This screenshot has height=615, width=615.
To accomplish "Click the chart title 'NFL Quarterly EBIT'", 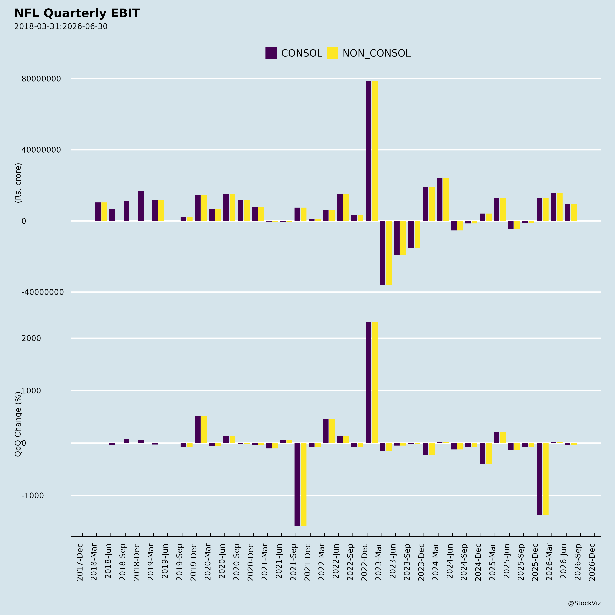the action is point(77,13).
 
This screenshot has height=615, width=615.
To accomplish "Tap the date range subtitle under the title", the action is point(61,26).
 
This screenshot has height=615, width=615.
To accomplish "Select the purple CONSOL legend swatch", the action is point(271,53).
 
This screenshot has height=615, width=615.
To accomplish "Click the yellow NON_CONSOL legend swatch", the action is point(332,53).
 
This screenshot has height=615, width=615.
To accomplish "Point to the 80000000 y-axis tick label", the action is point(41,79).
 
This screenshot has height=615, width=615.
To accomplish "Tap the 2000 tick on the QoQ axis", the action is point(31,338).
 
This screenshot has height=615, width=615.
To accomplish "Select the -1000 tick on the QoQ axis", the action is point(32,496).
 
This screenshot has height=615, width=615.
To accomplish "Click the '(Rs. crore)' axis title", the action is point(18,183).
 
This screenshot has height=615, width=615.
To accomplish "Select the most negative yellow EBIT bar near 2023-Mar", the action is point(389,253).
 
